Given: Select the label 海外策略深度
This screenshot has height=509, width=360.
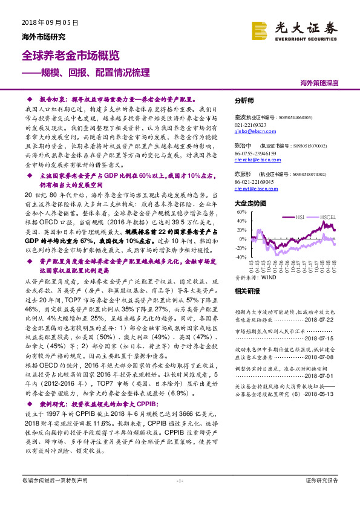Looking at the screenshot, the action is tap(319, 82).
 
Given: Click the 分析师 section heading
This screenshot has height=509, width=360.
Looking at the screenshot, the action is tap(244, 101).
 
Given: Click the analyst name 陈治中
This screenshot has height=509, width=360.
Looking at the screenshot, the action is tap(243, 146).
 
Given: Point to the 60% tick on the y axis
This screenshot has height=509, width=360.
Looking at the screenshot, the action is tap(241, 213).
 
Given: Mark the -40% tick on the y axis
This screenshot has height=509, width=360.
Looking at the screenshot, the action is tap(240, 257).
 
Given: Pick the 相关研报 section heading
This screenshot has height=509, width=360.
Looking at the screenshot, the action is tap(244, 290).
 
